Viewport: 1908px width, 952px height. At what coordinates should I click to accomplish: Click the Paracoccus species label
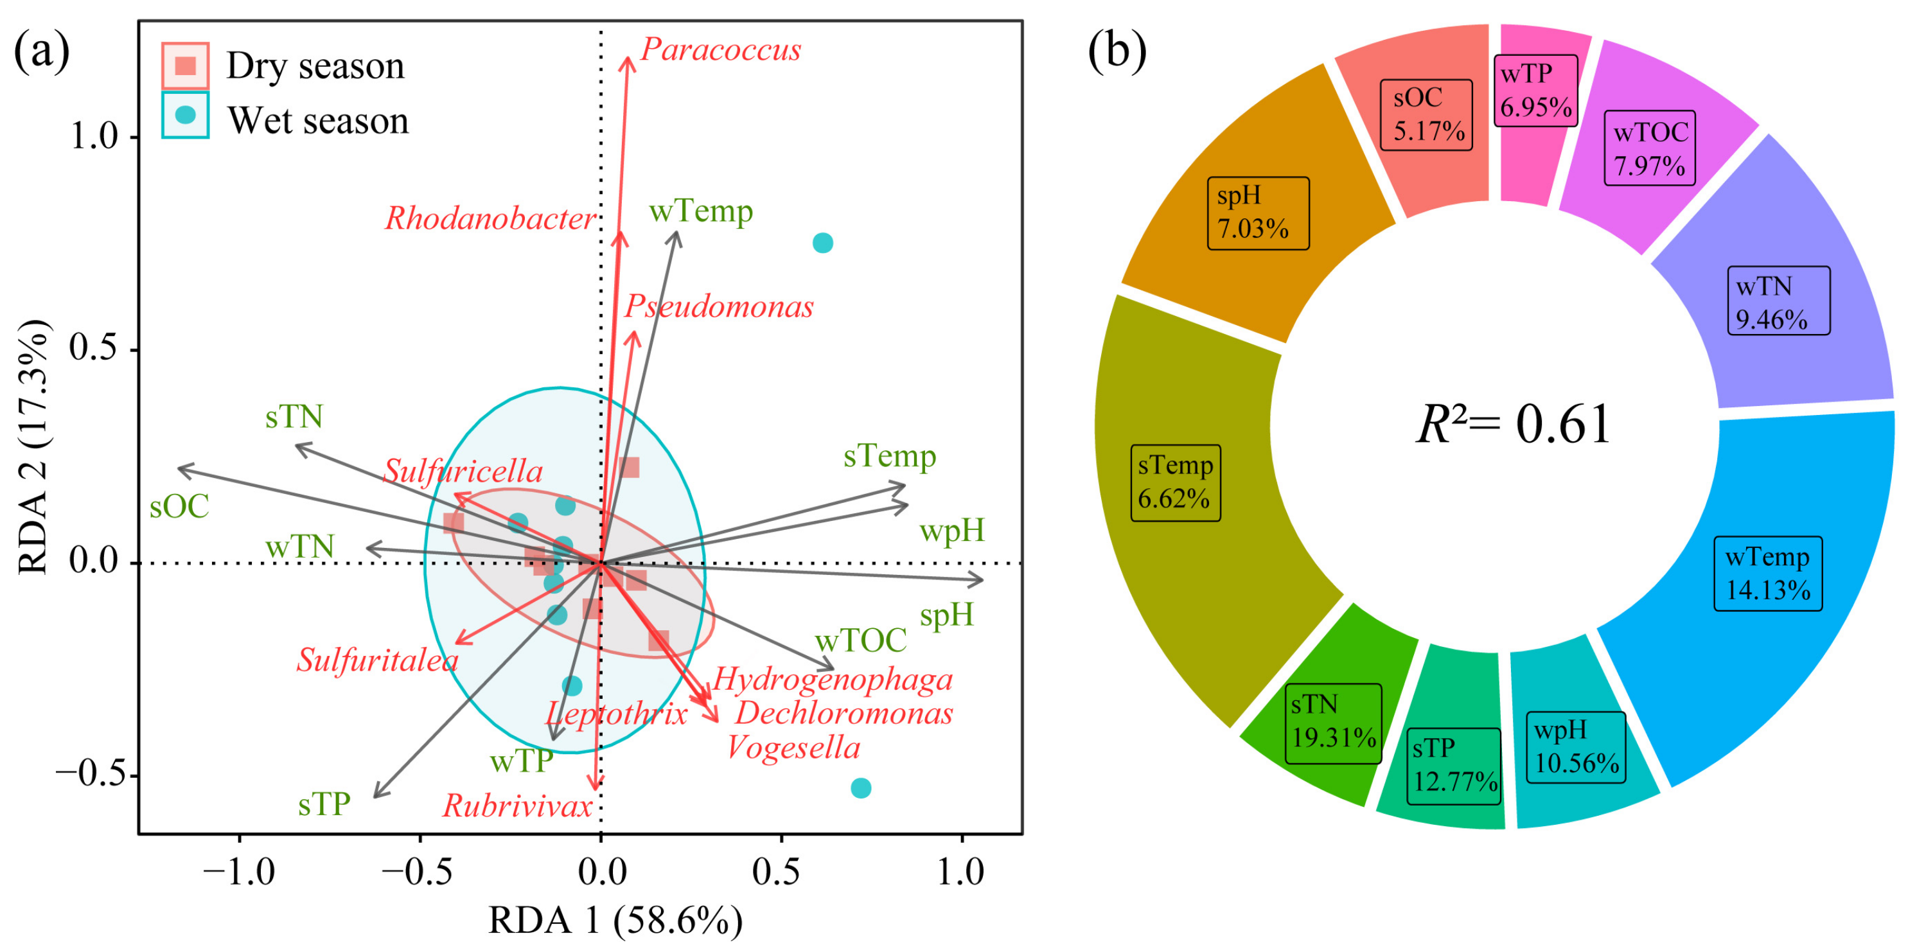tap(720, 50)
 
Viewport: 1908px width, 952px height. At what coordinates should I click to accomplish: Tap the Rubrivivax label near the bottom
tap(518, 806)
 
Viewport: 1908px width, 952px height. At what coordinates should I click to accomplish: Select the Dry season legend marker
tap(185, 66)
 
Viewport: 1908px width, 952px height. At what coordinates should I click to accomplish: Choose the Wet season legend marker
tap(185, 115)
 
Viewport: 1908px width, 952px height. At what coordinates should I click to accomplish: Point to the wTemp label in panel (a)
tap(701, 212)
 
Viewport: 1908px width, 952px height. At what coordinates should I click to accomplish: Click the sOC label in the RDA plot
tap(179, 507)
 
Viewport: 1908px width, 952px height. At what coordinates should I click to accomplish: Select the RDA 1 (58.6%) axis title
tap(615, 921)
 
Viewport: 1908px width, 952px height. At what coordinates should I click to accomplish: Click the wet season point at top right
tap(823, 243)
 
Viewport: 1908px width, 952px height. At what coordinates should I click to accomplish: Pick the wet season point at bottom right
tap(861, 788)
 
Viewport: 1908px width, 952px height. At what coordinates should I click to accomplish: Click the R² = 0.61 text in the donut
tap(1513, 425)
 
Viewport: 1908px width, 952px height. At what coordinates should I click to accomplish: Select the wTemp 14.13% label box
tap(1768, 574)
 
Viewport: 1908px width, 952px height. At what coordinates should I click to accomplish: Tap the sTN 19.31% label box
tap(1333, 722)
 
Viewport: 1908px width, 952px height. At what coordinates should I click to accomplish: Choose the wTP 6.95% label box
tap(1535, 91)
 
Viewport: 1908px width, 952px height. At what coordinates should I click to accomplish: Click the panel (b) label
tap(1117, 52)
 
